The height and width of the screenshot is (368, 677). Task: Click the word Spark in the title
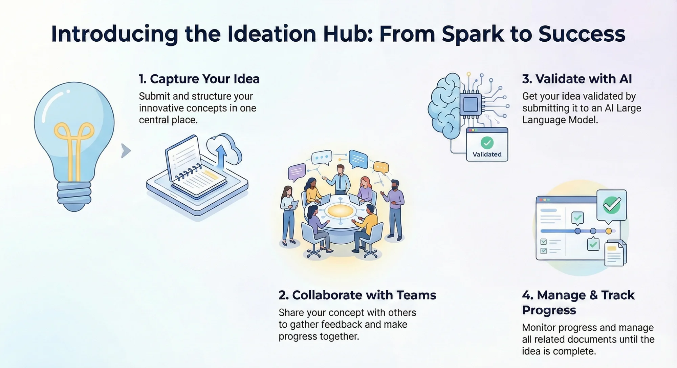[473, 34]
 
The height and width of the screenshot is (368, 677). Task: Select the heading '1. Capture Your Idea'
[199, 79]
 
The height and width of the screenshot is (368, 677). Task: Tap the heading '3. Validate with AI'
[577, 79]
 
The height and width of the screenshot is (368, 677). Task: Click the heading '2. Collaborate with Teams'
[357, 295]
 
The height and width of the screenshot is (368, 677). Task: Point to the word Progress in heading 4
[549, 310]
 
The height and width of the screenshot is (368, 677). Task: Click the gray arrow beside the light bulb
[126, 151]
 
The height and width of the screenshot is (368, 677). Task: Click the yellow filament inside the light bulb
[74, 142]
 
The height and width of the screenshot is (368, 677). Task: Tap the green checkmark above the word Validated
[487, 143]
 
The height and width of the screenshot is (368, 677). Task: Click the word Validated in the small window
[487, 155]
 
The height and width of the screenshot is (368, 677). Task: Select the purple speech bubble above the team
[297, 171]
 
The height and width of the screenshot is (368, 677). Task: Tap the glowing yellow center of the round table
[340, 211]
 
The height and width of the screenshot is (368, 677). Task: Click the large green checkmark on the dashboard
[612, 205]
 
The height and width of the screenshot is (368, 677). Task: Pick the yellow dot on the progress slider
[609, 231]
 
